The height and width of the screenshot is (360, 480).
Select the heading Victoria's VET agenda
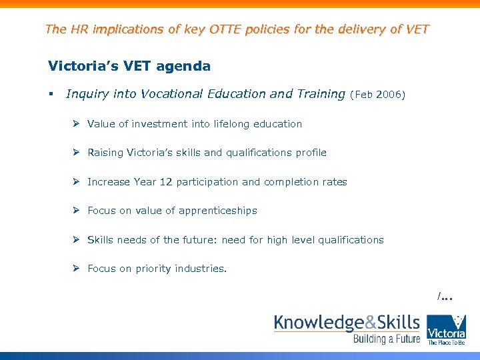pos(129,66)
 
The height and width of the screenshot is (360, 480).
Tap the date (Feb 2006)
pos(377,95)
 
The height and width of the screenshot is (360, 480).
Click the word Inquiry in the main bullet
pos(88,94)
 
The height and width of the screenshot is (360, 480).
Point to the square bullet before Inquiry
pos(52,95)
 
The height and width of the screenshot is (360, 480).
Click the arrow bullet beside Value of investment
pos(77,123)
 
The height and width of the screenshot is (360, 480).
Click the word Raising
pos(105,153)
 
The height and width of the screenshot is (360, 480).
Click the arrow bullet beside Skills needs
pos(77,239)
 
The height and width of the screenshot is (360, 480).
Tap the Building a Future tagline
pos(387,339)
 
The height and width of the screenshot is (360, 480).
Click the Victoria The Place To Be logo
pos(446,329)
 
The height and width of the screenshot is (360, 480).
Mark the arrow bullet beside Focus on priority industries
pos(77,268)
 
